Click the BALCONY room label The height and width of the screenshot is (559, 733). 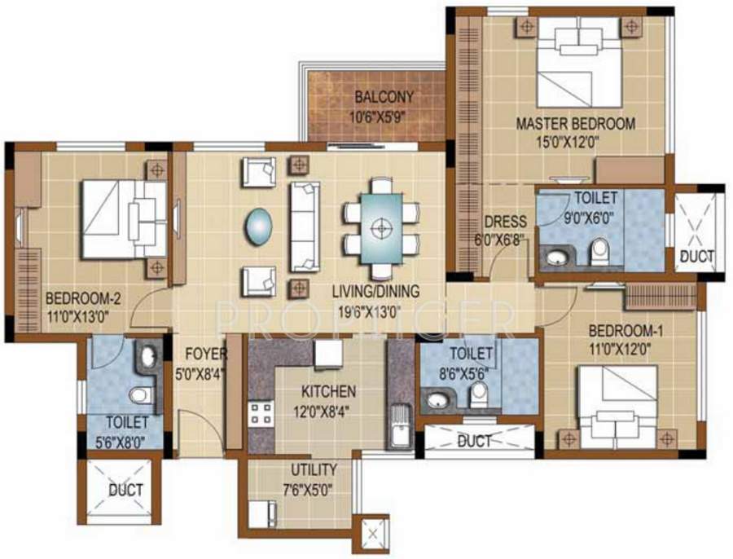click(x=383, y=98)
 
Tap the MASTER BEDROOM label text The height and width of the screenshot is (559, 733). click(x=576, y=125)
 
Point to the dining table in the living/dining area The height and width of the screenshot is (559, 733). click(x=380, y=228)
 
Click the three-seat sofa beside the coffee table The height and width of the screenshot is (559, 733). click(x=305, y=227)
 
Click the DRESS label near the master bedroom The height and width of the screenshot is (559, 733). click(x=505, y=222)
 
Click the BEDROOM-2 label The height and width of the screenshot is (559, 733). click(x=78, y=297)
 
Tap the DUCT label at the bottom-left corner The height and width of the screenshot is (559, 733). click(x=125, y=490)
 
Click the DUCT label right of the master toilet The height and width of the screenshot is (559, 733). click(x=696, y=257)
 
